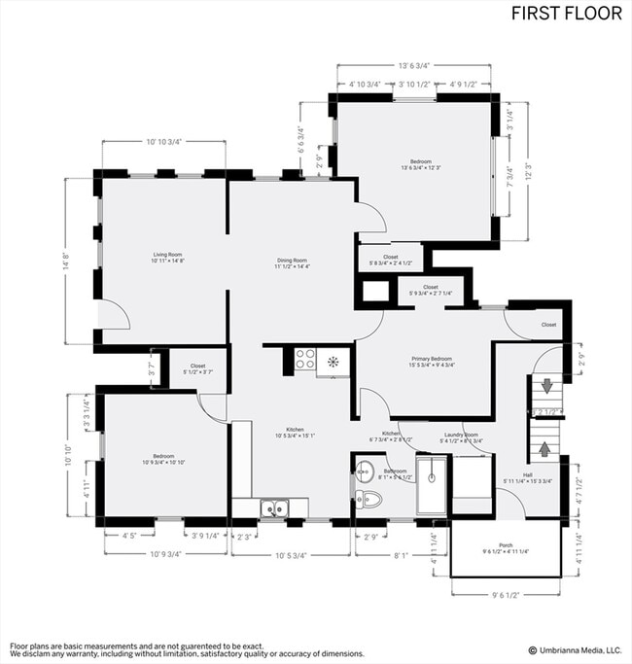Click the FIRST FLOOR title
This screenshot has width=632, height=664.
[x=568, y=14]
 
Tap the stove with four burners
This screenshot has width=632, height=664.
[x=305, y=359]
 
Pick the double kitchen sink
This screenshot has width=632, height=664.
[x=273, y=507]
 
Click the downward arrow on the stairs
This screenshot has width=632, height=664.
[x=547, y=386]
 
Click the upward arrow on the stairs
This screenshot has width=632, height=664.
[x=545, y=449]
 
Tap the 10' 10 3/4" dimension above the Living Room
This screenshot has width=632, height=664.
[x=163, y=143]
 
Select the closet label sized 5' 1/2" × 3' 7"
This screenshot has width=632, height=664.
[x=197, y=369]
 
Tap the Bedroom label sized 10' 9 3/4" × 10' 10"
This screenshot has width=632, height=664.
[x=163, y=458]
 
